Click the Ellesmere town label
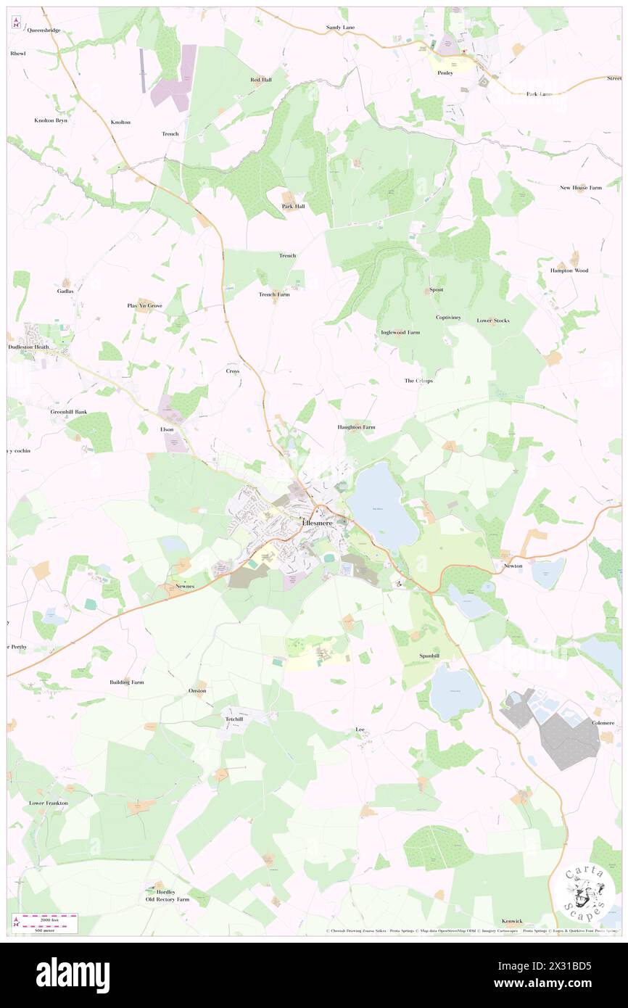point(319,523)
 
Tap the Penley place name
point(445,73)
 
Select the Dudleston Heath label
point(28,347)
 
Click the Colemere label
point(603,722)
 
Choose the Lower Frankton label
point(48,803)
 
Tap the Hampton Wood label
point(569,270)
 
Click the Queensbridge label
point(44,30)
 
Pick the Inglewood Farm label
point(400,332)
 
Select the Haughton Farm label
point(356,427)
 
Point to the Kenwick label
point(512,920)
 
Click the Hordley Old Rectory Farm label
point(167,896)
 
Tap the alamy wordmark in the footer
point(73,974)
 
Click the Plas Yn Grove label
point(145,306)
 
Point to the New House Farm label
point(581,188)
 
